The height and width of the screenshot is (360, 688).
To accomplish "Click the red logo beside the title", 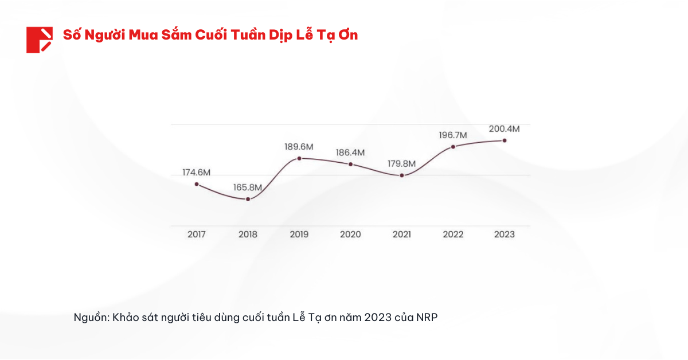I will coord(39,40).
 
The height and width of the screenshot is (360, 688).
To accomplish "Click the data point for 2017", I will coord(197,184).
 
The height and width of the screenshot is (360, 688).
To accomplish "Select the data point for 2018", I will coord(248,199).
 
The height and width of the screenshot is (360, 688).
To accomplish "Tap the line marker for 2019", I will coord(299,158).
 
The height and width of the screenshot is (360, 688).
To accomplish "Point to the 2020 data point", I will coord(350,165).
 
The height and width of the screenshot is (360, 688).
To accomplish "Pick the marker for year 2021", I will coord(401,175).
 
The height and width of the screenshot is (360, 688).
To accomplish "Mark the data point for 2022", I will coord(453,147).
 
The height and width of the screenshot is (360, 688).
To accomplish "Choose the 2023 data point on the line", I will coord(505,140).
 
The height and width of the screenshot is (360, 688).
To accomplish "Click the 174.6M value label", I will coord(197,172).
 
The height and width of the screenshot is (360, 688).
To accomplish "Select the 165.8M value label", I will coord(248,187).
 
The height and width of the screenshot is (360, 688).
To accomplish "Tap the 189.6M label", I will coord(299,147).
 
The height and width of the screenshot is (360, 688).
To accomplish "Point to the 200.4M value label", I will coord(505,129).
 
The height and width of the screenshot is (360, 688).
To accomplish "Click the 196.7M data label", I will coord(453,135).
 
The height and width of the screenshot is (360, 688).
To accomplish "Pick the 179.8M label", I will coord(401,163).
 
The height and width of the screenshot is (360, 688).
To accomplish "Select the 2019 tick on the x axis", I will coord(299,234).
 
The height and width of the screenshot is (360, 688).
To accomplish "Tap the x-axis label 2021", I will coord(401,234).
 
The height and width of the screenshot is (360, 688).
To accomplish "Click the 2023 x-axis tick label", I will coord(505,234).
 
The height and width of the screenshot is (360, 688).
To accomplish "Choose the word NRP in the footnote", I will coord(427,317).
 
